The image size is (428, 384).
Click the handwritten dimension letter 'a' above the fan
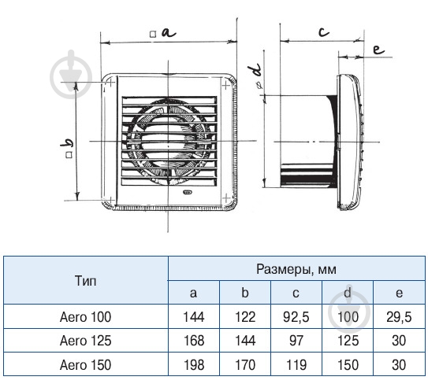[169, 32]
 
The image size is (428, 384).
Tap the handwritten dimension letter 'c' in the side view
[324, 32]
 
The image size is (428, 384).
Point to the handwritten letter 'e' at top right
[378, 50]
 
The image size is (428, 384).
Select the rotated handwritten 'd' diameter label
[254, 70]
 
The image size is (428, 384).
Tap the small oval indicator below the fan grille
[188, 192]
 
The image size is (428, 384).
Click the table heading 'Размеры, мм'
[296, 269]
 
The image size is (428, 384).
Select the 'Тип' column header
[85, 281]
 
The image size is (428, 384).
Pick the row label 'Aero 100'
[85, 317]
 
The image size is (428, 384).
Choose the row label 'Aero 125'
[85, 341]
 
